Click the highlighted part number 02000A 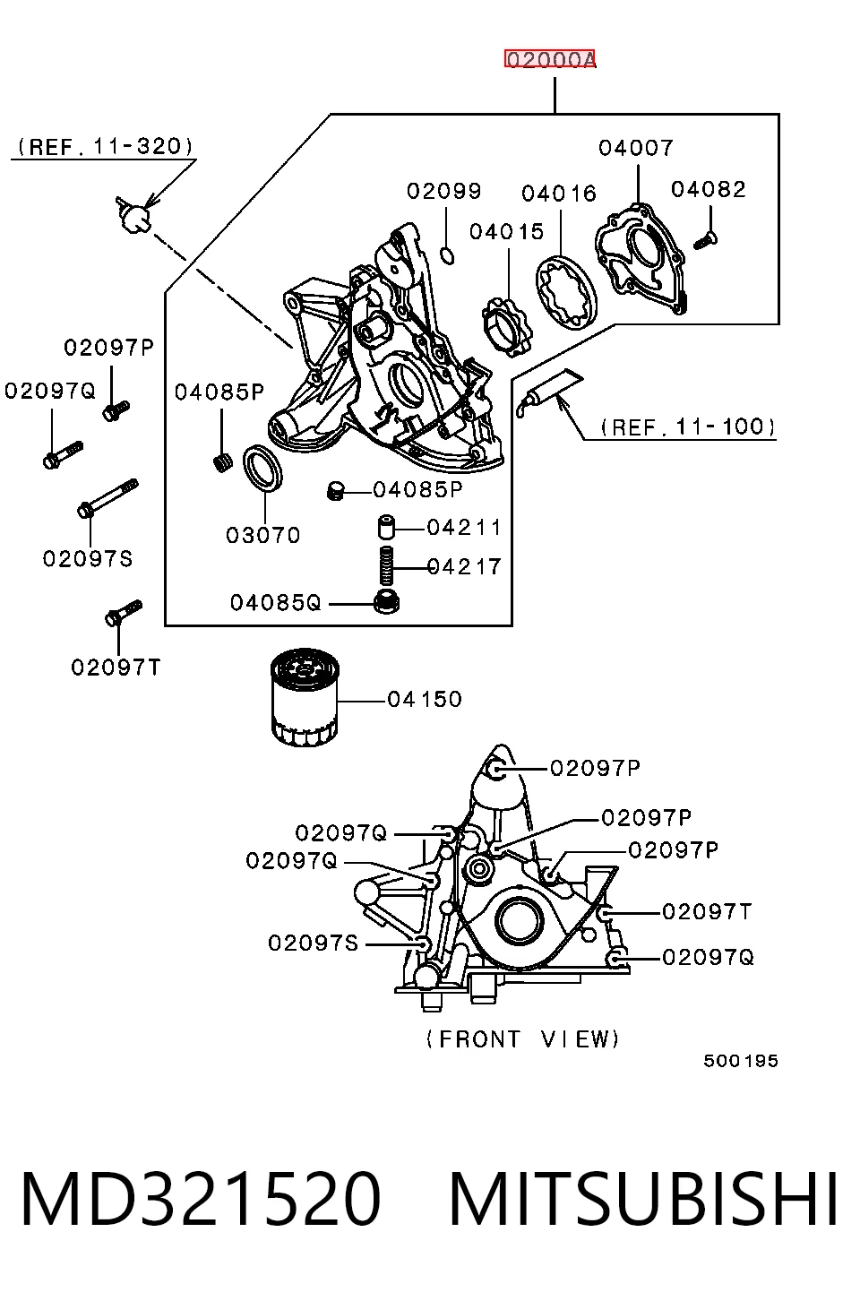coord(550,58)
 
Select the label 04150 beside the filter coord(425,699)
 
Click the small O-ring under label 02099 coord(447,255)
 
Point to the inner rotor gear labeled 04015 coord(506,327)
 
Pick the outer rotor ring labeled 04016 coord(566,292)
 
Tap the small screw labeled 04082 coord(706,240)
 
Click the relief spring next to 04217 coord(386,565)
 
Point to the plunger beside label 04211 coord(386,526)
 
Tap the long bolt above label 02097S coord(108,498)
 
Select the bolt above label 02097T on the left coord(124,613)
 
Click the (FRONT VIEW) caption coord(522,1039)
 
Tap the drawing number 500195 coord(740,1061)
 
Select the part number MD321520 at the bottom coord(201,1200)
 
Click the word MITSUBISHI coord(643,1200)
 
